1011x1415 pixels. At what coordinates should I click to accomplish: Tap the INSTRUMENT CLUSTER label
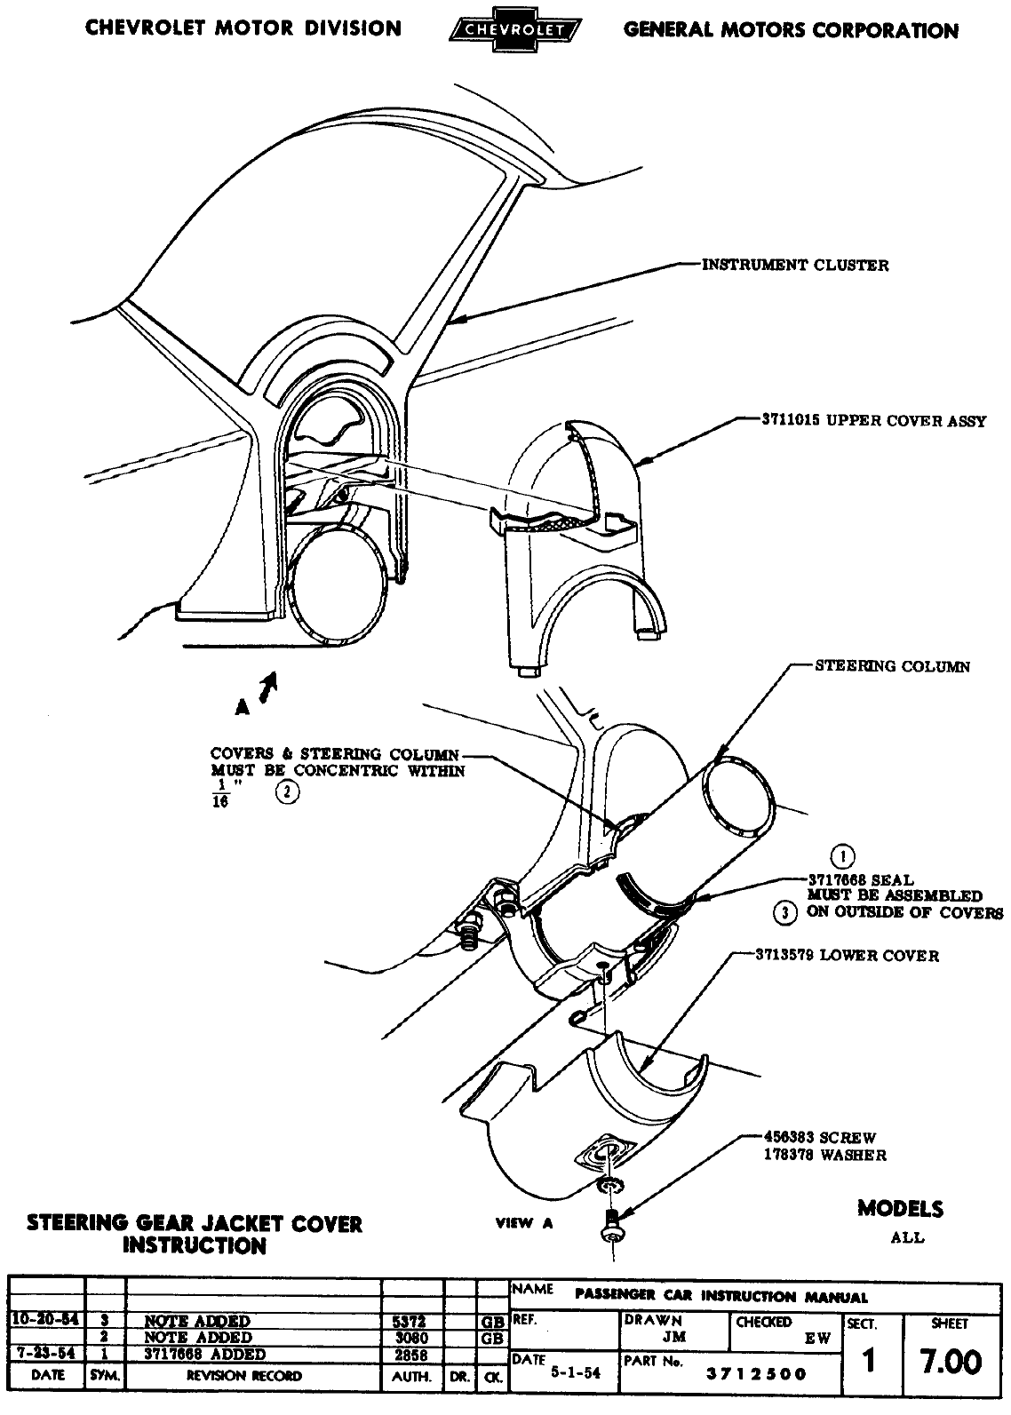point(795,265)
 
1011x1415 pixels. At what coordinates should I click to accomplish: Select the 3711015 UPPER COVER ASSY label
point(873,421)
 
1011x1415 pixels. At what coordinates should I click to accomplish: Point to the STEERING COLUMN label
point(892,666)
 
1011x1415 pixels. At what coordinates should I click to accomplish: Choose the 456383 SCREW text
point(819,1137)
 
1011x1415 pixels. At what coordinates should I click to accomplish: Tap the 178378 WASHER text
point(824,1156)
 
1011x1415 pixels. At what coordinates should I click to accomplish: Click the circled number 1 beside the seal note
point(841,856)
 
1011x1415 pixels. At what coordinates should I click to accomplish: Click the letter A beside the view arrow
point(241,707)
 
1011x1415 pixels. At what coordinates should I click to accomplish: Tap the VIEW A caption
point(524,1223)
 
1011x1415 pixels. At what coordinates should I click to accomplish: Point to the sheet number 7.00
point(950,1362)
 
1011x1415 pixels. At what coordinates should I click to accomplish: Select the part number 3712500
point(756,1374)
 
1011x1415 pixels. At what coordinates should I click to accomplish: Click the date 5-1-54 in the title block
point(576,1372)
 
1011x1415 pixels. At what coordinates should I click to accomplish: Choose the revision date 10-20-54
point(45,1320)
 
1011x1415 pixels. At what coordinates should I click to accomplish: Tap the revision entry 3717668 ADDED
point(206,1355)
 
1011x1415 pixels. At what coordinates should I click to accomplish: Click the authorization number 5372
point(411,1321)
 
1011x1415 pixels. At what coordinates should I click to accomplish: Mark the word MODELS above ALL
point(900,1208)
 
